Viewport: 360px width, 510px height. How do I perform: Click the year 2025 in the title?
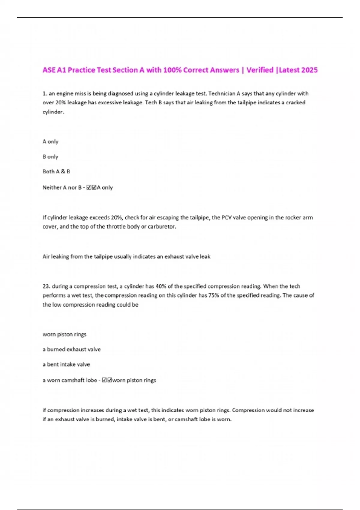click(309, 70)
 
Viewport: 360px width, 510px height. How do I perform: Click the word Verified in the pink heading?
click(260, 70)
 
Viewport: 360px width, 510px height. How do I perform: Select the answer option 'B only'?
click(50, 157)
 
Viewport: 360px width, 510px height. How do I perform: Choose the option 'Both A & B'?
click(56, 172)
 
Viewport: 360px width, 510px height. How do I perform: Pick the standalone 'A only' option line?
click(50, 142)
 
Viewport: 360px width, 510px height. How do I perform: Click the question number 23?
click(46, 286)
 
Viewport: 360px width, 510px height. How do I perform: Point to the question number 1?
click(44, 94)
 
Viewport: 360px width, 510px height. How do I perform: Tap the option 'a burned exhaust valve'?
click(71, 349)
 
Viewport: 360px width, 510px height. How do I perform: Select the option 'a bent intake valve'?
click(66, 364)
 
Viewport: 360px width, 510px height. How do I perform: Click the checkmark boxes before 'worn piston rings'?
click(107, 380)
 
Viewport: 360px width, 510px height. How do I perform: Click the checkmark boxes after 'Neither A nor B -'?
click(91, 187)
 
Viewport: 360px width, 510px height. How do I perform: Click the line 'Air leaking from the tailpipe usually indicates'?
click(126, 256)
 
